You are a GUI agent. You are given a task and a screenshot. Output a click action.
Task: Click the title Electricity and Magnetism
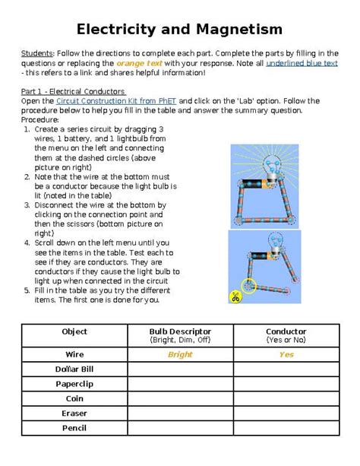pos(179,29)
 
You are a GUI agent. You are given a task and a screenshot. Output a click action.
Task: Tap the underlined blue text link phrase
pos(302,64)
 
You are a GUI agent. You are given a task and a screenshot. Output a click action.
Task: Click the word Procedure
pos(42,119)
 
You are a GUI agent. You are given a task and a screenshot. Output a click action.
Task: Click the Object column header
pos(74,331)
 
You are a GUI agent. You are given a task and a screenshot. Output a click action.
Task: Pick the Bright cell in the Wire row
pos(180,354)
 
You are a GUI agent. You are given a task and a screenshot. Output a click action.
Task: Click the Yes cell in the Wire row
pos(286,354)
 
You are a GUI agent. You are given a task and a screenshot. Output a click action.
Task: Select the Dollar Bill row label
pos(74,369)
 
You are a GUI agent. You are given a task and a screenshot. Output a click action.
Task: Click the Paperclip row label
pos(74,384)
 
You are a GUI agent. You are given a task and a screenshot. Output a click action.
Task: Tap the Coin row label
pos(74,398)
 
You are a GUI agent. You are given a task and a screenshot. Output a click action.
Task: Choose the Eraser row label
pos(74,414)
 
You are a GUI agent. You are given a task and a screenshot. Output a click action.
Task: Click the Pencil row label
pos(74,428)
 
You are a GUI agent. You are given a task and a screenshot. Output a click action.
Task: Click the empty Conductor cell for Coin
pos(286,398)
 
